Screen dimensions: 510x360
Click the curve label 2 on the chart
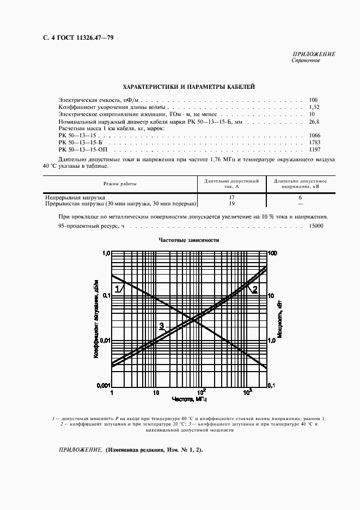click(x=253, y=289)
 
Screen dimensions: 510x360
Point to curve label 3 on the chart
click(x=161, y=326)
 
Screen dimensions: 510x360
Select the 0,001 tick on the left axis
click(x=103, y=385)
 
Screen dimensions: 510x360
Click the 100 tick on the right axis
click(x=273, y=253)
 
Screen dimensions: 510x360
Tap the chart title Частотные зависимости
click(x=188, y=240)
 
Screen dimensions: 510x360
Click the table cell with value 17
click(x=231, y=197)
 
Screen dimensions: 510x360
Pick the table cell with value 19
click(x=231, y=203)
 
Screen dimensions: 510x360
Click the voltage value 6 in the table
click(x=300, y=197)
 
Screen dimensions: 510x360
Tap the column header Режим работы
click(x=120, y=184)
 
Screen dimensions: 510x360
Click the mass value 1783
click(x=315, y=142)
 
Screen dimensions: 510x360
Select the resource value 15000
click(x=316, y=226)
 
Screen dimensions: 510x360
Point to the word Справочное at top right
click(x=306, y=60)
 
